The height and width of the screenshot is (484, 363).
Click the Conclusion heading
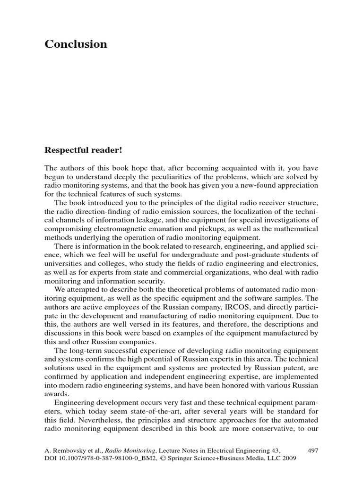click(x=76, y=44)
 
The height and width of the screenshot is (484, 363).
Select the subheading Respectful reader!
click(x=83, y=150)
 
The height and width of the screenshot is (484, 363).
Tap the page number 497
click(x=312, y=451)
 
